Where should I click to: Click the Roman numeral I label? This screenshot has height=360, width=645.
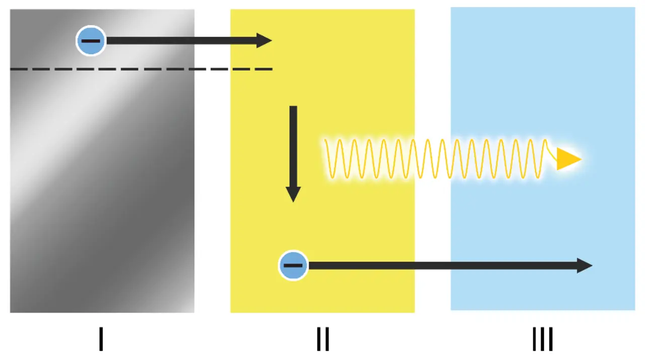coord(101,339)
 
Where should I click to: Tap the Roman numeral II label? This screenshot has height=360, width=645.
coord(322,339)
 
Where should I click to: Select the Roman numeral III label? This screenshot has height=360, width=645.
coord(543,339)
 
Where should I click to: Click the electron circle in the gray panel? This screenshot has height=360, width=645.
coord(91,41)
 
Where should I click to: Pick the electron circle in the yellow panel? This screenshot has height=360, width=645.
coord(293,265)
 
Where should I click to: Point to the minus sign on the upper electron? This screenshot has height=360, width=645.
coord(91,41)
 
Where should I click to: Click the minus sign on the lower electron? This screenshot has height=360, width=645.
coord(293,265)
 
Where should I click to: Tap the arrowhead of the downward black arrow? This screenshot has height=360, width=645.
coord(293,194)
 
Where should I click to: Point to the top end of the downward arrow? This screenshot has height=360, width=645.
coord(293,107)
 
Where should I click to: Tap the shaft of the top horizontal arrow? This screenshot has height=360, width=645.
coord(181,40)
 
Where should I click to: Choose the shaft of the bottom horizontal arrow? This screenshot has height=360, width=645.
coord(443,265)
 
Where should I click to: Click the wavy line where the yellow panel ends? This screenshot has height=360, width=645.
coord(414,159)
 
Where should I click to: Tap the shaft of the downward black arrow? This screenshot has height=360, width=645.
coord(293,146)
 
